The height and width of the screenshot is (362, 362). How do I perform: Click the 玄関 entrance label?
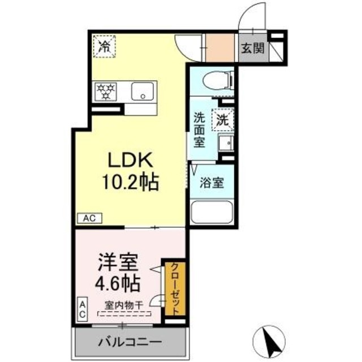pyautogui.click(x=253, y=49)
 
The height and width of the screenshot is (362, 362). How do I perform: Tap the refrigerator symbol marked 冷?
pyautogui.click(x=105, y=46)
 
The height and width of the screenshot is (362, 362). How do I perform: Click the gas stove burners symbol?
pyautogui.click(x=106, y=90)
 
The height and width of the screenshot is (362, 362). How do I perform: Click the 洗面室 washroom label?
pyautogui.click(x=201, y=130)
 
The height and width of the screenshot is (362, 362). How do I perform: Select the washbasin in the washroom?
pyautogui.click(x=226, y=143)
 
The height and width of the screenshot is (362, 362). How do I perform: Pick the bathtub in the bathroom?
pyautogui.click(x=212, y=213)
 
